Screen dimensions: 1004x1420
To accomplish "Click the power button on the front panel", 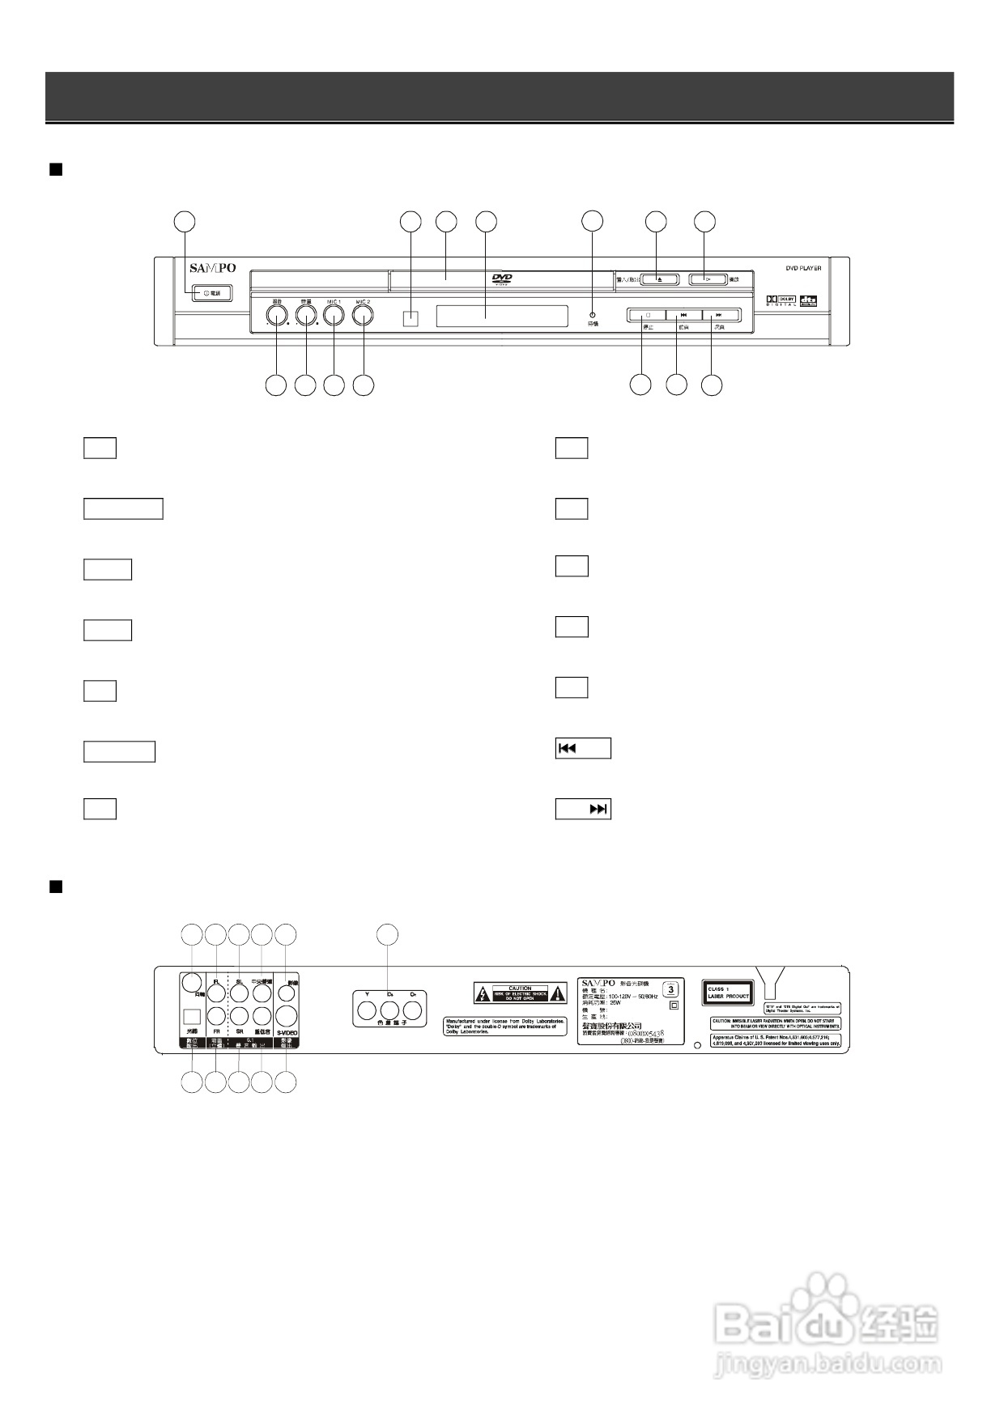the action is (212, 292).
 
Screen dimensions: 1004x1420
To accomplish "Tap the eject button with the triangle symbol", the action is (659, 280).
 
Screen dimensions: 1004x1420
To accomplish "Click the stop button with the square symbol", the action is (646, 315).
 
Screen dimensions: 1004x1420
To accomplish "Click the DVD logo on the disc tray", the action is (502, 280).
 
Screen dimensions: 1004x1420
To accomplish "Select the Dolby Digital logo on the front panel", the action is (781, 301).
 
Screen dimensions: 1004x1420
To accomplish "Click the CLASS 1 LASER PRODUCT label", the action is (727, 993).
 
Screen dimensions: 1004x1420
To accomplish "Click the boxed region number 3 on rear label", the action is (670, 988).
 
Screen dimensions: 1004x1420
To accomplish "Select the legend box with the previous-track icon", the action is (583, 748).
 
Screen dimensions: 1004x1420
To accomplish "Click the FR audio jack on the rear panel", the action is (216, 1016).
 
